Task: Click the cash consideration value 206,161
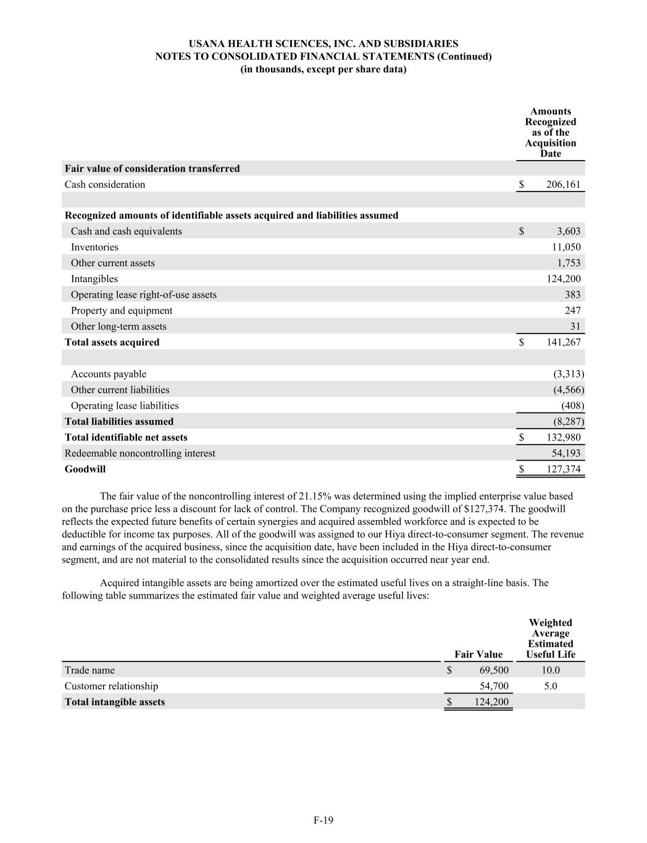pyautogui.click(x=563, y=185)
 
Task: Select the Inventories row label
pyautogui.click(x=94, y=247)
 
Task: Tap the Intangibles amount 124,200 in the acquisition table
pyautogui.click(x=563, y=279)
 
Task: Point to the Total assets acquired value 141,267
pyautogui.click(x=563, y=342)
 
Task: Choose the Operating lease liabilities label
pyautogui.click(x=125, y=406)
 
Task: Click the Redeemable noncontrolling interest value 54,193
pyautogui.click(x=566, y=453)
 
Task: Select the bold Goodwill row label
pyautogui.click(x=85, y=469)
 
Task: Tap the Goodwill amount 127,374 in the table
pyautogui.click(x=563, y=469)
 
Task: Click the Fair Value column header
pyautogui.click(x=478, y=655)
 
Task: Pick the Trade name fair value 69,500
pyautogui.click(x=494, y=671)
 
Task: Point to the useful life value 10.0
pyautogui.click(x=551, y=671)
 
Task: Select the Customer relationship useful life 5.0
pyautogui.click(x=551, y=686)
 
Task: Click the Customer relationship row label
pyautogui.click(x=111, y=686)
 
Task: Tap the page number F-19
pyautogui.click(x=323, y=821)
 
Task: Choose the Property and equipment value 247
pyautogui.click(x=572, y=311)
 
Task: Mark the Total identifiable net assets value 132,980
pyautogui.click(x=563, y=437)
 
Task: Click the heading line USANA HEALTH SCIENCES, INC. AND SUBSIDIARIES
pyautogui.click(x=323, y=44)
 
